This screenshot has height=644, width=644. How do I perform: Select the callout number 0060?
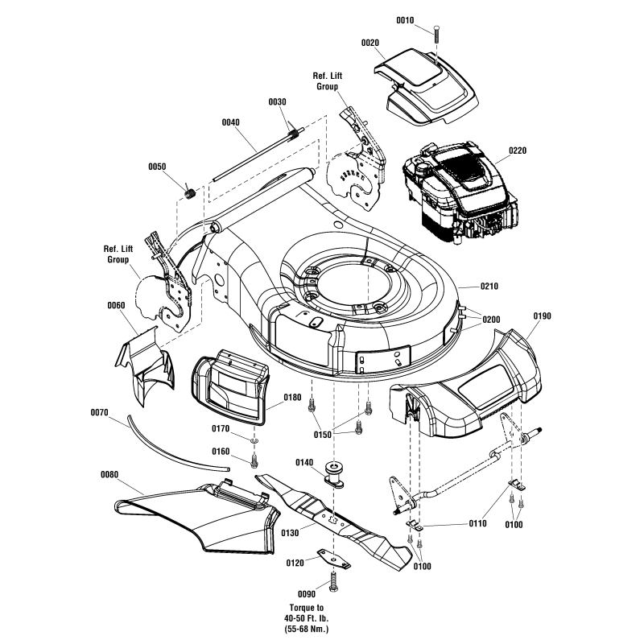tap(116, 306)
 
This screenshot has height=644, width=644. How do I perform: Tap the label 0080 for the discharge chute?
tap(109, 475)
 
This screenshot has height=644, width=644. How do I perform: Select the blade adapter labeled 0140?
tap(336, 473)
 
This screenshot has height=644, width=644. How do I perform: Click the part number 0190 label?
tap(542, 316)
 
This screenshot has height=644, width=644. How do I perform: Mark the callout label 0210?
tap(490, 286)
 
